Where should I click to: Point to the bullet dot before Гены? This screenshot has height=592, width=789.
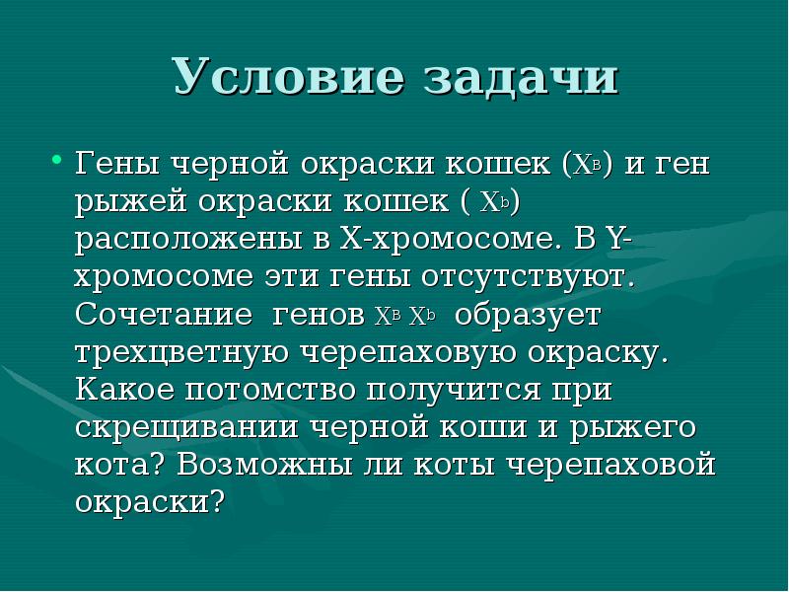(56, 160)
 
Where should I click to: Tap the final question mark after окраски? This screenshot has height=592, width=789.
(219, 502)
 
